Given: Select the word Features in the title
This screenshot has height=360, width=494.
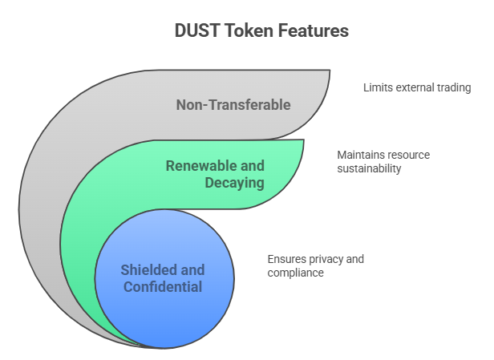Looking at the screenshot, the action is [313, 30].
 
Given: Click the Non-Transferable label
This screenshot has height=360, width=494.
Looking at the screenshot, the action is [233, 105].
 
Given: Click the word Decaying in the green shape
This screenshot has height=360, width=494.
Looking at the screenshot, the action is [234, 183].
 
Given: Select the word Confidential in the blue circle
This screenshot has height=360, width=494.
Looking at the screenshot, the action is [163, 287].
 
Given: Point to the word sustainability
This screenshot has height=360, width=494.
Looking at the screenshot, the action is [369, 169].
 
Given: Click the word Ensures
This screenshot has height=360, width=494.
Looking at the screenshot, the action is [287, 259].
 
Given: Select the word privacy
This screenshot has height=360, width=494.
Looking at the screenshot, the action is [326, 260].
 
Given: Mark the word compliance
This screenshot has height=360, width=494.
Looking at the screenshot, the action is [295, 273].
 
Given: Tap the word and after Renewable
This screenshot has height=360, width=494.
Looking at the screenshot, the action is [253, 166].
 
